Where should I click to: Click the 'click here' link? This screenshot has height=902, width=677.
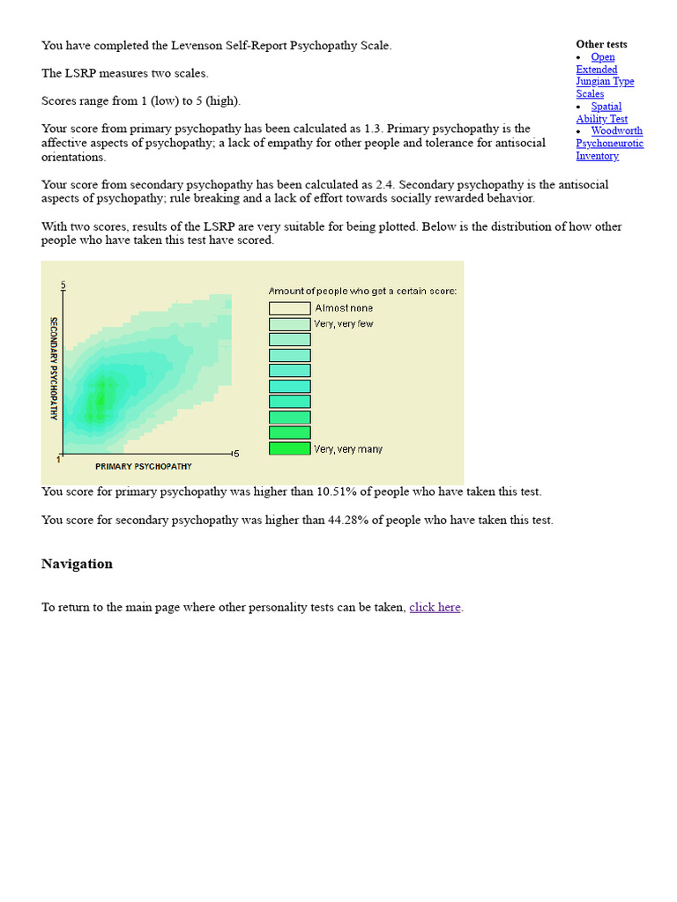435,607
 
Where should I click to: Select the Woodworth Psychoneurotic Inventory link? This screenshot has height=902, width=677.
610,143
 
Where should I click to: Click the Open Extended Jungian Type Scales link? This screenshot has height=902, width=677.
605,75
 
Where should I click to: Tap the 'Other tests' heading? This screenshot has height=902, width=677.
601,44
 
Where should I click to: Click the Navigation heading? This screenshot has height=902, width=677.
77,564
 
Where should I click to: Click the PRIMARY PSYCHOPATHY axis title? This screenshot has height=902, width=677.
143,466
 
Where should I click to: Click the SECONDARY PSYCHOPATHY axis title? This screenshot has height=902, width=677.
54,368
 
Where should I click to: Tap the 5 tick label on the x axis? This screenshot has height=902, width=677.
235,453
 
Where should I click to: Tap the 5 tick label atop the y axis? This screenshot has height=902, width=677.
63,285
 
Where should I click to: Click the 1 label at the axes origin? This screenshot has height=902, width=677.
59,459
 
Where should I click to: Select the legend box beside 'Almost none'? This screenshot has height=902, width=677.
289,308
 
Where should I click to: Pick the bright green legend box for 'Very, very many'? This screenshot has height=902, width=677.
289,448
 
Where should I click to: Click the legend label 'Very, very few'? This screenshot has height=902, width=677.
343,324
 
